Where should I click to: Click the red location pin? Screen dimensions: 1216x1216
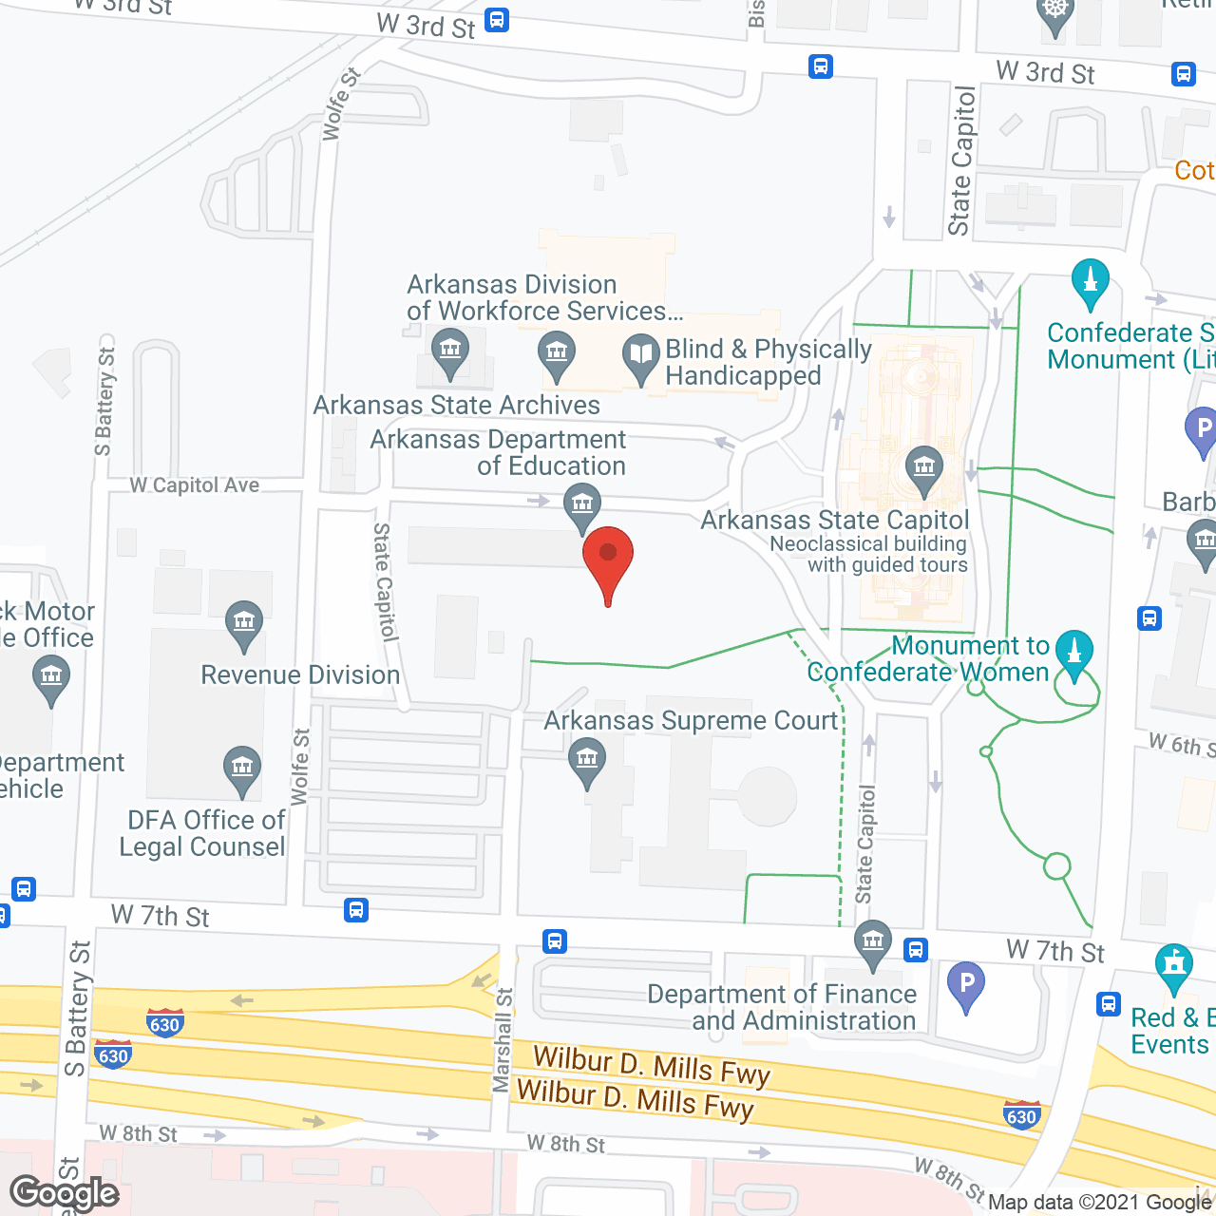608,560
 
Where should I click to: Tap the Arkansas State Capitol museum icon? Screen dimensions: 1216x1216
923,468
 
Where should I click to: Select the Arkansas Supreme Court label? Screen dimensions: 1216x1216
691,721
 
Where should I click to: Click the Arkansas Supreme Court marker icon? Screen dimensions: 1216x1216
587,761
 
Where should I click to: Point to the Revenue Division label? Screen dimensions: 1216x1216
300,675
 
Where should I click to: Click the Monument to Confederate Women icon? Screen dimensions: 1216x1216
1074,653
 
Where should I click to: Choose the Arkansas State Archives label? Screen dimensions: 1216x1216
457,406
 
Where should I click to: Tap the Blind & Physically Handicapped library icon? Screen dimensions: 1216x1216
641,356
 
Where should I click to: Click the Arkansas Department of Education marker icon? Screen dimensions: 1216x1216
581,503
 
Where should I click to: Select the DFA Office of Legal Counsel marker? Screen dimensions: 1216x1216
242,769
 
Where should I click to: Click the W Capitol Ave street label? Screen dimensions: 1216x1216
195,485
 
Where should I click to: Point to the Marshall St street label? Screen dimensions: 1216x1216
503,1040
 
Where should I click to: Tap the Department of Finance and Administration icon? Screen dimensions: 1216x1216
872,943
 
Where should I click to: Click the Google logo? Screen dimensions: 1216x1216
65,1193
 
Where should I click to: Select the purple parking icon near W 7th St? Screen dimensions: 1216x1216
966,984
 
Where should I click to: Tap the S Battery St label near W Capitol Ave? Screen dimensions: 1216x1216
104,401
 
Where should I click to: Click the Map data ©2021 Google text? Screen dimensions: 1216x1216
1100,1202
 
